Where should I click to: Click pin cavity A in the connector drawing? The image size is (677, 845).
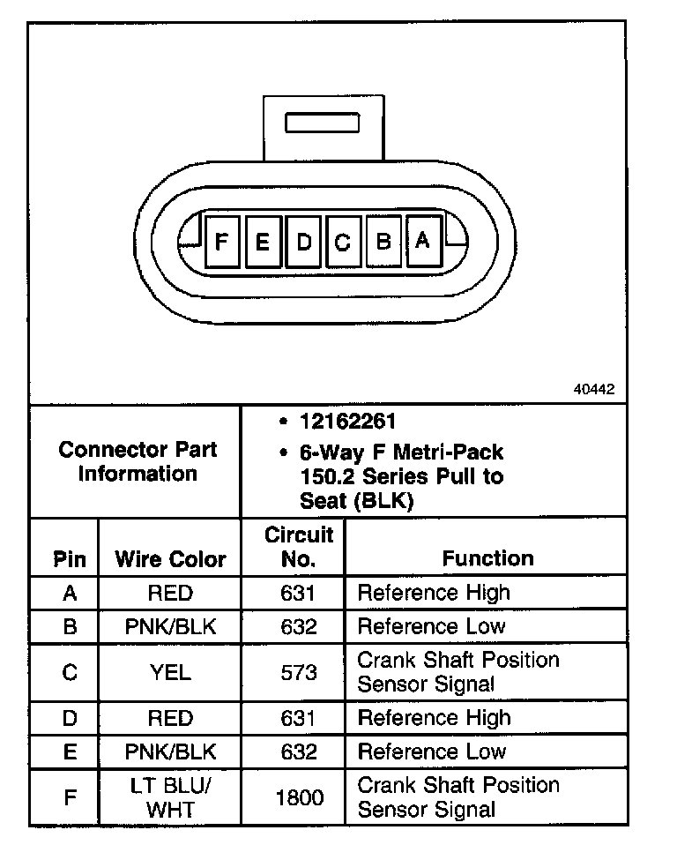pos(423,241)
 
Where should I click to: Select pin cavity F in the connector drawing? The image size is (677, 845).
pos(222,241)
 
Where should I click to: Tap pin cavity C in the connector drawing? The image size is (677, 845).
pos(343,241)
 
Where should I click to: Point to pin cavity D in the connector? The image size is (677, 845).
pos(303,241)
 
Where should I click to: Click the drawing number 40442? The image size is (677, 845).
pos(594,389)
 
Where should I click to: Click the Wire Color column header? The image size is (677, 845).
pos(170,559)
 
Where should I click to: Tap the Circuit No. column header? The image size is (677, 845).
pos(299,547)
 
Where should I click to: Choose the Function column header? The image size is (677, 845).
pos(487,558)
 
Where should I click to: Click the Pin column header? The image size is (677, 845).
pos(70,559)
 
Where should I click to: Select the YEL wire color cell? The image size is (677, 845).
pos(170,672)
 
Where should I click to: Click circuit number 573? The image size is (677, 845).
pos(299,672)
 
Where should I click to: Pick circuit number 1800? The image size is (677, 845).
pos(299,797)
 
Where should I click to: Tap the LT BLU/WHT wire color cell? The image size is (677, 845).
pos(170,797)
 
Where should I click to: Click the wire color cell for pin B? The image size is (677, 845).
pos(170,627)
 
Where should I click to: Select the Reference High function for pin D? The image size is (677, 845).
pos(434,718)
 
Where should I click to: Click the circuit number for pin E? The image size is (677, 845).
pos(299,752)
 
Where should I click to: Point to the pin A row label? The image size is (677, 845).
pos(70,593)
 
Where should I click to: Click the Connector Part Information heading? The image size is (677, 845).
pos(137,461)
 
